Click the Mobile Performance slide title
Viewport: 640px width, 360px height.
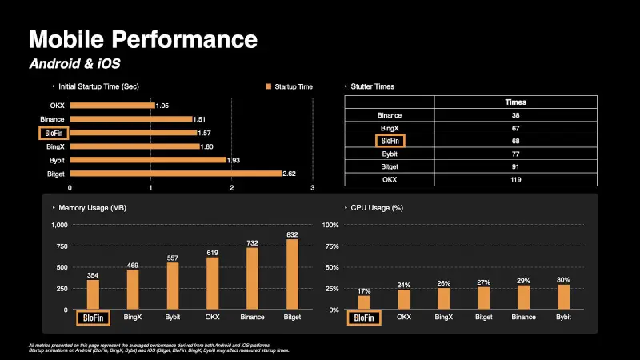pos(143,39)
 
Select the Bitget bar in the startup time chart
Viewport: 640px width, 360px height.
pos(176,173)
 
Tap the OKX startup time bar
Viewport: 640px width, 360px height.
pos(112,106)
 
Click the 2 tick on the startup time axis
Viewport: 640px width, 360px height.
pos(232,189)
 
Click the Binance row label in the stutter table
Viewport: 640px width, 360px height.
pos(390,115)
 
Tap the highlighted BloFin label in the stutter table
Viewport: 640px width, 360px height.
pos(390,141)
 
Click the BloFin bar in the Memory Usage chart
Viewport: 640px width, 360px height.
pos(93,294)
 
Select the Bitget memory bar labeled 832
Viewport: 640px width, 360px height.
pos(291,274)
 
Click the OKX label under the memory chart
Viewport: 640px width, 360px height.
pos(212,318)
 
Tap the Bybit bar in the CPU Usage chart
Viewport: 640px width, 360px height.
pos(563,297)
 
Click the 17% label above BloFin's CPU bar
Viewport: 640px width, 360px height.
pos(365,290)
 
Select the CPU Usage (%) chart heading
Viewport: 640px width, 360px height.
pos(376,208)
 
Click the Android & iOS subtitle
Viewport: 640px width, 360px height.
pos(74,62)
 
